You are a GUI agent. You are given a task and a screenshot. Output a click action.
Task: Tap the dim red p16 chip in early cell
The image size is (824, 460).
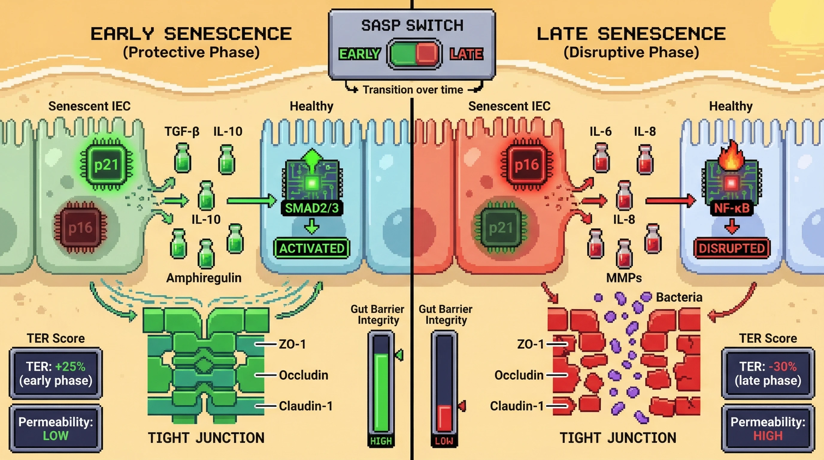click(x=80, y=227)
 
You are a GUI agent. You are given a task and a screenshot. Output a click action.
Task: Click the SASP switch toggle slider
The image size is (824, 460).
click(x=414, y=54)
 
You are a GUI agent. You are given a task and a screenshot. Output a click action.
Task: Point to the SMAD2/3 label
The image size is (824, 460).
click(x=312, y=208)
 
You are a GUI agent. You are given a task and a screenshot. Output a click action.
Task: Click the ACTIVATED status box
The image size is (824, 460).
click(x=312, y=248)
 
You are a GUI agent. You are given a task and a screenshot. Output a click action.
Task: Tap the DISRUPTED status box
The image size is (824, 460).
click(x=731, y=248)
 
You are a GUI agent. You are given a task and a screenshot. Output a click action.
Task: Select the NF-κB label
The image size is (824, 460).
click(x=731, y=208)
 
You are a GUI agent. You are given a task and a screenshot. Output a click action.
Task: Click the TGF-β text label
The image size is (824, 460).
click(x=182, y=131)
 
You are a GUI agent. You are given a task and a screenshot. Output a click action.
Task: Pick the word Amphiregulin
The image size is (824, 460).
click(x=204, y=278)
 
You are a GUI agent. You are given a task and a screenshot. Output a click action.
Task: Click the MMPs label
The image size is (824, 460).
click(x=624, y=278)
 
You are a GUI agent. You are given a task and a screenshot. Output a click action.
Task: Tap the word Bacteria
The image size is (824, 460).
click(x=679, y=297)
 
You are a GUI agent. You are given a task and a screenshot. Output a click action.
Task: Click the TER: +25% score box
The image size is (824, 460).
click(x=56, y=373)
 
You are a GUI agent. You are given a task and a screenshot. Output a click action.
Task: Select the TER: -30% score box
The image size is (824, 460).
click(x=768, y=373)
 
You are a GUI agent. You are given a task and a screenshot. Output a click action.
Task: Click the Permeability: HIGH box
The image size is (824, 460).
click(x=768, y=429)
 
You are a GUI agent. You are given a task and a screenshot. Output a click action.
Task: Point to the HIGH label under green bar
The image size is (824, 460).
click(x=381, y=441)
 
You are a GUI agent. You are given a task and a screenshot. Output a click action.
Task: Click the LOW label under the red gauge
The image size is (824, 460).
click(x=444, y=441)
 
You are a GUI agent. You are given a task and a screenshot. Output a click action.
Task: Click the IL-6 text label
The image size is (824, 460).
click(x=600, y=131)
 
